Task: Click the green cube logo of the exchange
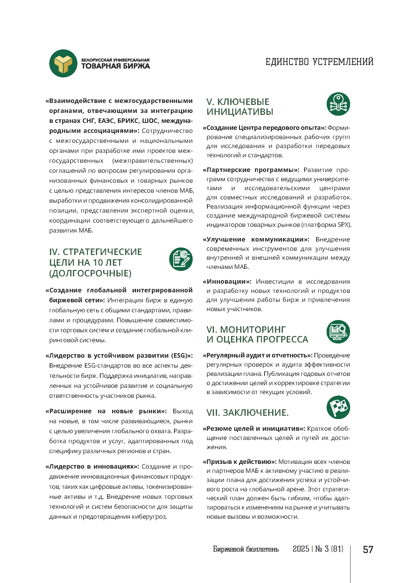(x=63, y=63)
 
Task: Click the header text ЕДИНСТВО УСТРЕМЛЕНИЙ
(x=319, y=62)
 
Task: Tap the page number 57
(x=368, y=550)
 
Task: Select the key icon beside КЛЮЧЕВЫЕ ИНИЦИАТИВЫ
(x=338, y=104)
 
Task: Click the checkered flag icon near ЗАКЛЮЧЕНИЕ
(x=338, y=407)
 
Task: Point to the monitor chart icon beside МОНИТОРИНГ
(x=338, y=332)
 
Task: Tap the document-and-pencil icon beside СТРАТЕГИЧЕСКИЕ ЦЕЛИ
(x=181, y=259)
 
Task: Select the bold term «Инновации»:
(x=227, y=282)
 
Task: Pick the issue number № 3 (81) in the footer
(x=329, y=549)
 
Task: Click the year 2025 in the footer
(x=301, y=549)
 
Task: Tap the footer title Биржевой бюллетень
(x=246, y=549)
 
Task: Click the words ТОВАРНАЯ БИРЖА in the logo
(x=115, y=66)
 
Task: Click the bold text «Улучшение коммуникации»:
(x=256, y=240)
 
